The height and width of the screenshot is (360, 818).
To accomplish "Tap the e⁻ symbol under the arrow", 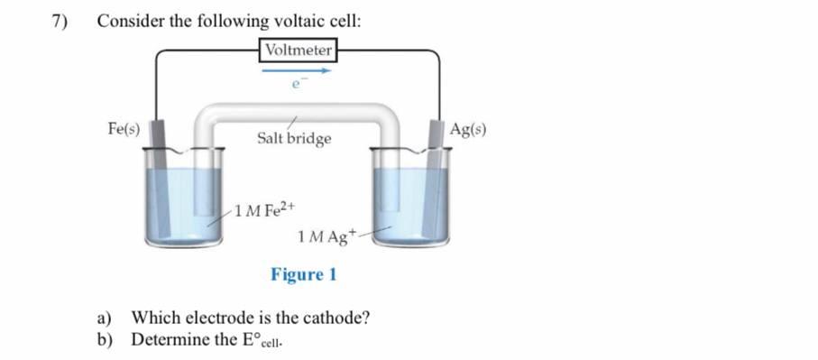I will coord(294,85).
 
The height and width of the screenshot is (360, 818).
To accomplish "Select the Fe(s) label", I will coord(124,129).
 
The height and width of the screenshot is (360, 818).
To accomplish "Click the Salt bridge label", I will coord(294,139).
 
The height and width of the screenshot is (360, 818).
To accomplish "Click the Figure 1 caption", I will coord(303,273).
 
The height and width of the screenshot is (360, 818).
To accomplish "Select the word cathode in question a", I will coord(337,318).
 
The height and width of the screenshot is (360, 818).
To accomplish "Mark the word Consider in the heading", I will coord(130,21).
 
